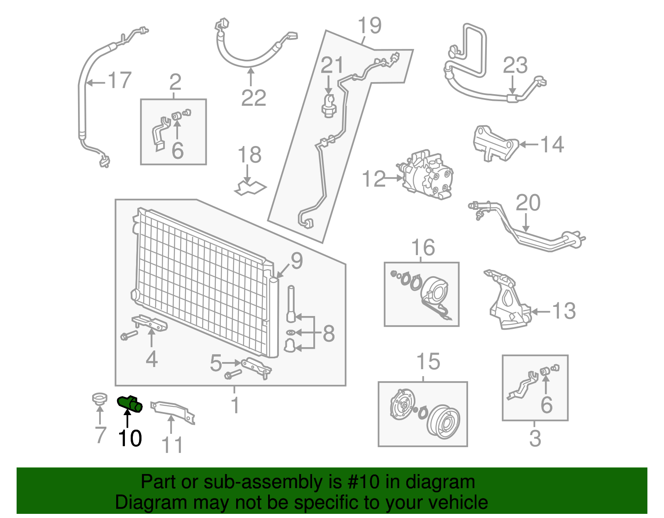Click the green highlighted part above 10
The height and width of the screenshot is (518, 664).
coord(129,404)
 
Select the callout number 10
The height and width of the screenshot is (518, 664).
coord(130,438)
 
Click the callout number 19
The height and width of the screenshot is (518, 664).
coord(369,26)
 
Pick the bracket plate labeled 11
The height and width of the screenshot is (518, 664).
coord(172,411)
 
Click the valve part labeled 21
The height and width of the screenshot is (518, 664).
coord(329,106)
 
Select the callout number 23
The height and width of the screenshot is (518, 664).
coord(515,66)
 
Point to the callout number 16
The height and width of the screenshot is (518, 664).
coord(422,248)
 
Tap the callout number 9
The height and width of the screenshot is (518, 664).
coord(297,260)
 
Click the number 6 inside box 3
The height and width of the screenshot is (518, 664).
coord(546,404)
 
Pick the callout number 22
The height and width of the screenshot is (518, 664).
coord(254,98)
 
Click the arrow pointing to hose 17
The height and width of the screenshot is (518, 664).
coord(95,83)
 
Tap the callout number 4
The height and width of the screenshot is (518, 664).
coord(151,359)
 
